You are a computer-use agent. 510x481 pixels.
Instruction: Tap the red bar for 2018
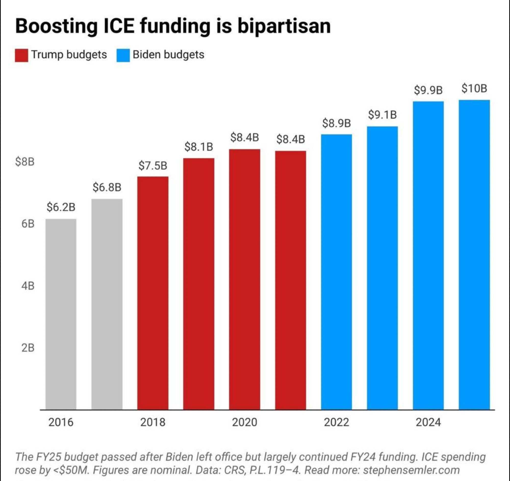coord(153,293)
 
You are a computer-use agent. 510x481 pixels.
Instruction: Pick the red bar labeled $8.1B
coord(199,283)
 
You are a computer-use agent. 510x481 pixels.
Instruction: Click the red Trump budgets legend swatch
coord(22,55)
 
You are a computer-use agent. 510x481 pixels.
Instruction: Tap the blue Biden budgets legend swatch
coord(123,55)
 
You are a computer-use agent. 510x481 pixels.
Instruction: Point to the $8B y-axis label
coord(25,162)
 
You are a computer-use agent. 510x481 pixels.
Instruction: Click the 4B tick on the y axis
coord(28,286)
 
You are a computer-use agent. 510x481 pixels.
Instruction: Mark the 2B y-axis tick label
coord(28,348)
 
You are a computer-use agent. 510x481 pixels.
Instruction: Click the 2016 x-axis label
coord(61,423)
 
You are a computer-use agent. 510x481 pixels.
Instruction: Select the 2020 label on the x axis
coord(245,423)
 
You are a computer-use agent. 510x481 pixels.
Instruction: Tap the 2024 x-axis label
coord(428,423)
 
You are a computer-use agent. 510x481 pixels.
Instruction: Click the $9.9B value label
coord(428,90)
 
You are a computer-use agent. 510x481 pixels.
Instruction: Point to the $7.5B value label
coord(153,166)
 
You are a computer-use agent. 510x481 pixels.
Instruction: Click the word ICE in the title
coord(119,26)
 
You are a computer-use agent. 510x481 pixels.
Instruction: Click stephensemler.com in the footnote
coord(411,470)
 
